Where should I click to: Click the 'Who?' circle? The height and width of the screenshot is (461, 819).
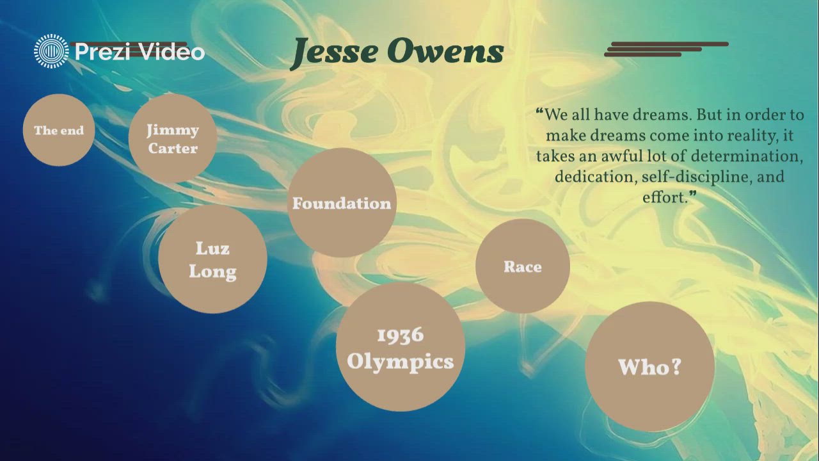(649, 366)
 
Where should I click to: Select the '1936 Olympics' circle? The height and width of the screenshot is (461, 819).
(401, 348)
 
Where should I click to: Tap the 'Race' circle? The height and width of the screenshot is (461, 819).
(522, 266)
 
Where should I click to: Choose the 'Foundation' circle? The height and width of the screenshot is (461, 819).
(342, 203)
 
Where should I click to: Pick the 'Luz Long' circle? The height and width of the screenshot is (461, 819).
(212, 259)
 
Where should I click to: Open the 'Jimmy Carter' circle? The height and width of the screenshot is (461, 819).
(173, 138)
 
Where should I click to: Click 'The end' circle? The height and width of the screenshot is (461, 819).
(59, 130)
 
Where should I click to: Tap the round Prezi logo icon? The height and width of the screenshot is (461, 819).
(51, 51)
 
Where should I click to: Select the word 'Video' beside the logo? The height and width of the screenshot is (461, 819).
(171, 52)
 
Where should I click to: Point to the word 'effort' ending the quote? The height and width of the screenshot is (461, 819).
(664, 197)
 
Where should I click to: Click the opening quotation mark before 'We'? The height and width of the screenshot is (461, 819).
(539, 113)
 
